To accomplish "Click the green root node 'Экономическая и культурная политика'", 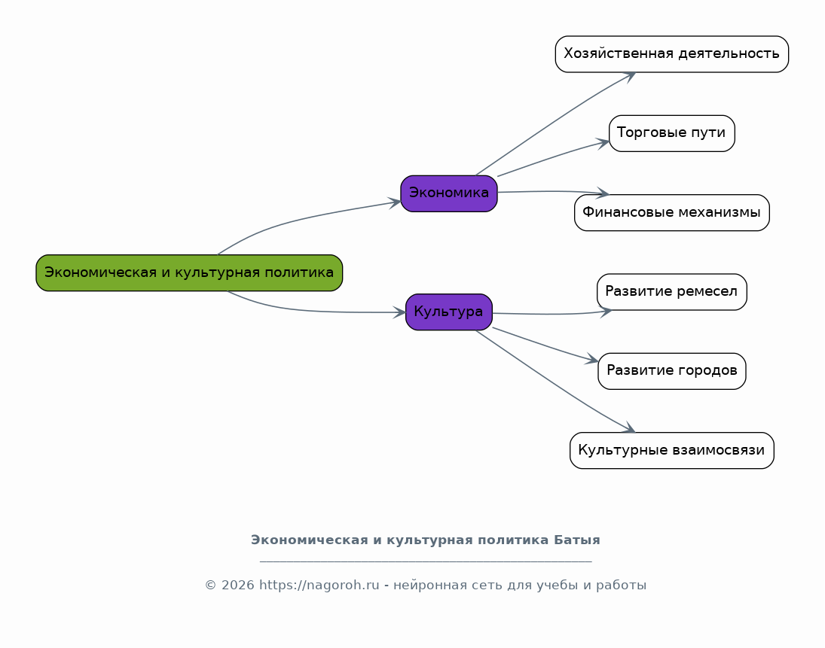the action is (189, 272).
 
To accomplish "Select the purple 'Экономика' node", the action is (449, 193).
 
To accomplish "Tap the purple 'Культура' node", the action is (449, 312).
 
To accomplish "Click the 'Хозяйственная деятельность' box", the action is (672, 54).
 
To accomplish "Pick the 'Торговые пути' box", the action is (672, 133).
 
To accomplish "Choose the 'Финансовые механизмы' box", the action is (672, 213).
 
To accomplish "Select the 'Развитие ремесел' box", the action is (672, 292).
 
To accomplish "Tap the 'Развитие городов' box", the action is (672, 371).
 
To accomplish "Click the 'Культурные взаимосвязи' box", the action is (672, 450).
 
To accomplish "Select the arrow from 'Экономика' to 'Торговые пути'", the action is (552, 157).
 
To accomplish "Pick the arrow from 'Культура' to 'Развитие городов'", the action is (545, 345).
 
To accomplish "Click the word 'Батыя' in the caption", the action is (576, 540).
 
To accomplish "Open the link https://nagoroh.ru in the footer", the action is (319, 585).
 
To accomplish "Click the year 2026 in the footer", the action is (238, 585).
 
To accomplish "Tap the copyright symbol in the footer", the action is (210, 586).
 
